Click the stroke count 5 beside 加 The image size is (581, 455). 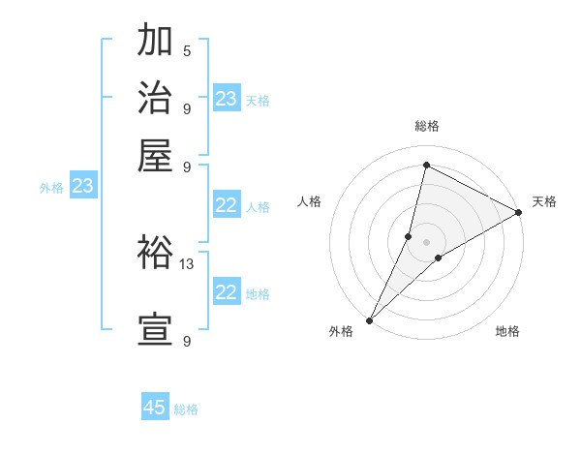186,50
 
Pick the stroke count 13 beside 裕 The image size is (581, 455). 187,263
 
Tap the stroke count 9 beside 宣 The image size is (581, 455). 186,341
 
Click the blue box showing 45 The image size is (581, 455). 155,408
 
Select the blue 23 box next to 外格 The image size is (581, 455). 82,186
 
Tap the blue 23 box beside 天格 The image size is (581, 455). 227,99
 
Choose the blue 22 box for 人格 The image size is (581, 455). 227,205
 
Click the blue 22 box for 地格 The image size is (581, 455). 227,292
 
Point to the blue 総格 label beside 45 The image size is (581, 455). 186,409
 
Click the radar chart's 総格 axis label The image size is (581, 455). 427,126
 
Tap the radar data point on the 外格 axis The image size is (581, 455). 369,320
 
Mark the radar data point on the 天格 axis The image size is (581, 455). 519,213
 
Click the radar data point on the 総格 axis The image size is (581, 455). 426,165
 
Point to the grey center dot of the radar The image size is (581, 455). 427,241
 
